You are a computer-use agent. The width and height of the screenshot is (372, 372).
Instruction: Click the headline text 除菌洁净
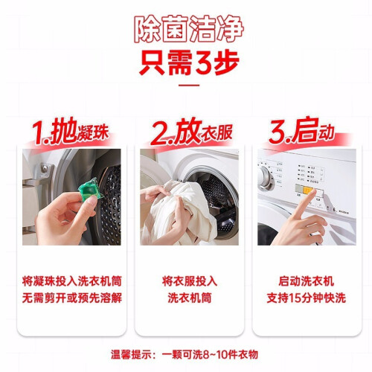pos(189,30)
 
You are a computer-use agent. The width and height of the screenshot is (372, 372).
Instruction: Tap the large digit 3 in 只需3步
pos(204,62)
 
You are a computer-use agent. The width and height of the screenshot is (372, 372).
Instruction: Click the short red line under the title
pos(189,86)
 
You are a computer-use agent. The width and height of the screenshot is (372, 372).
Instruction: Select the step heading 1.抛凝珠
pos(71,132)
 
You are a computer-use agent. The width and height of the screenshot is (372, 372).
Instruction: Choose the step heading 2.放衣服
pos(191,132)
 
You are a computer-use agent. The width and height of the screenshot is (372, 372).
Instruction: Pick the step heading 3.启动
pos(301,130)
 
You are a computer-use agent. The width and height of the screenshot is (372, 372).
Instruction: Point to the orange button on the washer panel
pos(308,190)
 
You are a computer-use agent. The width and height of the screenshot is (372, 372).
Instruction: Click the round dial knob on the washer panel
pos(266,178)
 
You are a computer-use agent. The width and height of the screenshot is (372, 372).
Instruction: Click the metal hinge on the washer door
pos(45,168)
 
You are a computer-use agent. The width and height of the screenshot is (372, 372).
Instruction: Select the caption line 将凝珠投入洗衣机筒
pos(72,281)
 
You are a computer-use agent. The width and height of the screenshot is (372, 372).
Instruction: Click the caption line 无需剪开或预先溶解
pos(72,298)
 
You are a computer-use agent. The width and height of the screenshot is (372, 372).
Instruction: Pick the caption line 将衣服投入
pos(190,281)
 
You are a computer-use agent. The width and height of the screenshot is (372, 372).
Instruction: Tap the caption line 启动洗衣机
pos(307,281)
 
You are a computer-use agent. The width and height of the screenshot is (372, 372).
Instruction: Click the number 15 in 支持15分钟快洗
pos(295,298)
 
